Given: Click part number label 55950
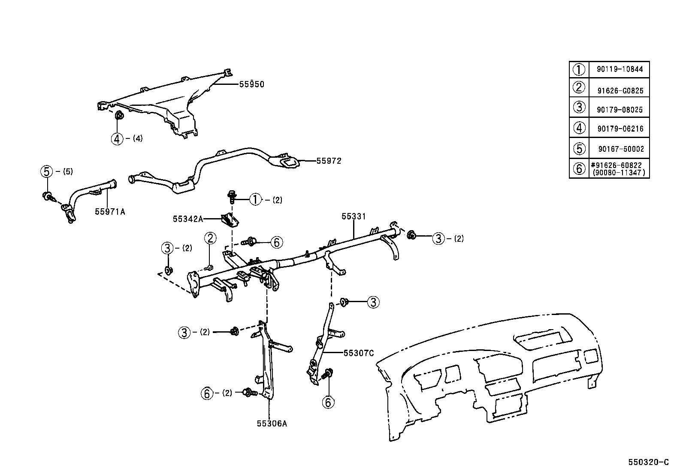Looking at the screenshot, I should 251,84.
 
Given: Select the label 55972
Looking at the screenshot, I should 329,161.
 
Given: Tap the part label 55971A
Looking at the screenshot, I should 110,211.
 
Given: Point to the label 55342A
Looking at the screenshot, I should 187,219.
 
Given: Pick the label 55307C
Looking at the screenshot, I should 359,353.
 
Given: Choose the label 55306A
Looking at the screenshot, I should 272,423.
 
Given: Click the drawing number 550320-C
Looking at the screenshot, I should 648,462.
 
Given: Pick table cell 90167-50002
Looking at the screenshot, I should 621,149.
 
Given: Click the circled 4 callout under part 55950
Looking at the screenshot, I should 117,138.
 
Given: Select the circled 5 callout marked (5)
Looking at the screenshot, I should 46,172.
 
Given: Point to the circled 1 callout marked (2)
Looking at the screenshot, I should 255,200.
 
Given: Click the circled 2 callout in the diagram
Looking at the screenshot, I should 210,238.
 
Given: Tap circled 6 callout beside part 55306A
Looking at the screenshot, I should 207,393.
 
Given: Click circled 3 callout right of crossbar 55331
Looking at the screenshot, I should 438,239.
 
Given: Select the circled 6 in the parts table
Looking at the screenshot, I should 579,168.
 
